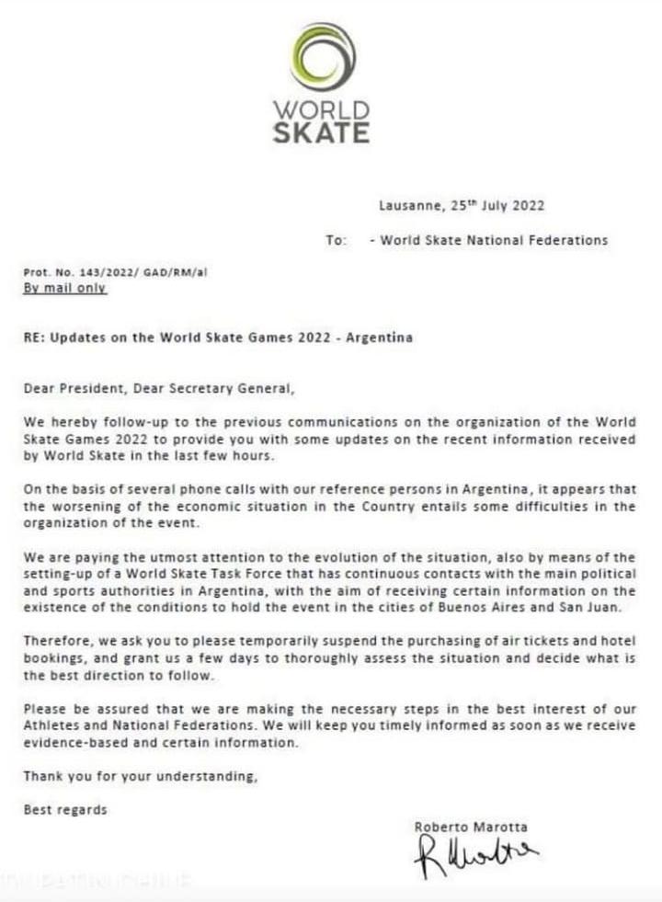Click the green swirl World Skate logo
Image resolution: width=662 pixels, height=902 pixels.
click(x=322, y=58)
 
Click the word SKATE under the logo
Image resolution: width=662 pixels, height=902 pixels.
click(x=321, y=132)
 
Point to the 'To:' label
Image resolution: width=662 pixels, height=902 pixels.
click(x=336, y=240)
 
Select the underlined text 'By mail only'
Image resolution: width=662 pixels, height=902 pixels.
click(x=64, y=288)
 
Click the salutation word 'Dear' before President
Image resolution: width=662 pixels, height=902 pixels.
click(x=40, y=388)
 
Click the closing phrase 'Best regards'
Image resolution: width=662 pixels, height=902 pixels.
click(x=65, y=810)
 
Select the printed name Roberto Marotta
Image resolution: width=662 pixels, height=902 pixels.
click(x=471, y=827)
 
